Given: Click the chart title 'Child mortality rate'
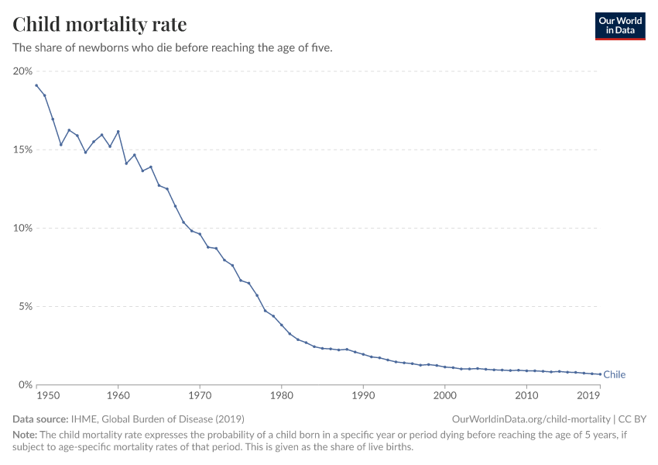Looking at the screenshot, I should pyautogui.click(x=100, y=25).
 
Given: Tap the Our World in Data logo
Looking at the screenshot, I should pyautogui.click(x=619, y=26).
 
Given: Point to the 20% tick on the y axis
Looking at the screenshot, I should pyautogui.click(x=22, y=71).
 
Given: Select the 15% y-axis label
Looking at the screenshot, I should pyautogui.click(x=22, y=150).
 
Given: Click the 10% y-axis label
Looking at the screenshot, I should pyautogui.click(x=22, y=228).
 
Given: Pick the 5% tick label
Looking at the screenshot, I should pyautogui.click(x=25, y=306).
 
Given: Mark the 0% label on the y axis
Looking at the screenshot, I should pyautogui.click(x=25, y=384).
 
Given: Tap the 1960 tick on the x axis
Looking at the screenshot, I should pyautogui.click(x=118, y=396).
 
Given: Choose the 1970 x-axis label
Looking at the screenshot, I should pyautogui.click(x=200, y=396).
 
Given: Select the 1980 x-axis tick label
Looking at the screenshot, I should pyautogui.click(x=281, y=396).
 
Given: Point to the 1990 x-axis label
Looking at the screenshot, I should pyautogui.click(x=363, y=396).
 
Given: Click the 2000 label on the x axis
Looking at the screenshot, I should pyautogui.click(x=444, y=396).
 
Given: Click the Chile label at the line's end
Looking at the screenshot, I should pyautogui.click(x=614, y=375).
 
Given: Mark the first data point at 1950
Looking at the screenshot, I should pyautogui.click(x=36, y=85).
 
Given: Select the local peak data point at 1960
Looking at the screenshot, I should pyautogui.click(x=118, y=132).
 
